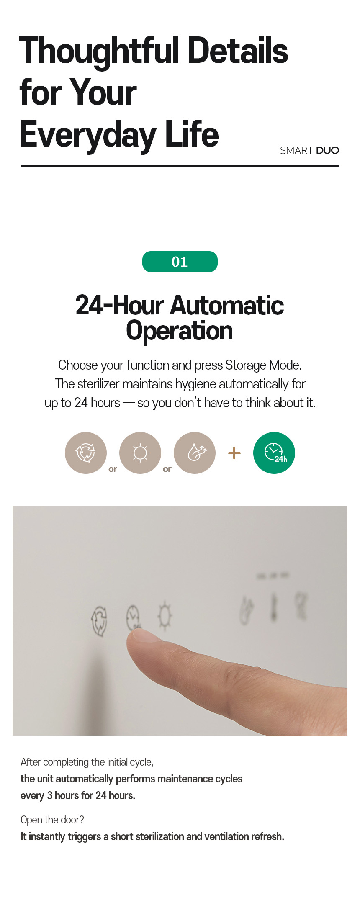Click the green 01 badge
coord(180,262)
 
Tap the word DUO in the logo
coord(328,150)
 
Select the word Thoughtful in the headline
coord(100,51)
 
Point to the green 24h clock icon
coord(274,453)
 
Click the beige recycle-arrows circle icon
coord(86,453)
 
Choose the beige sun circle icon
coord(140,453)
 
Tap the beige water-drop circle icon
coord(195,453)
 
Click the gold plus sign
coord(234,453)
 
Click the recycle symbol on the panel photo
coord(99,621)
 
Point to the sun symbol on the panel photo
coord(165,616)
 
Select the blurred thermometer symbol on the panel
coord(274,607)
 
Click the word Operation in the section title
coord(180,331)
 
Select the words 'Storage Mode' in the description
coord(263,365)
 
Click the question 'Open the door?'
coord(52,820)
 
